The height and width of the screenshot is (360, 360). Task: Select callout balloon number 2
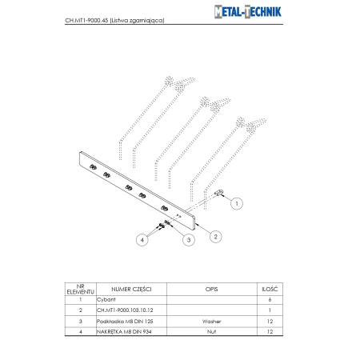[214, 235]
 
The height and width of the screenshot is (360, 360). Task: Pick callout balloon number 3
[189, 238]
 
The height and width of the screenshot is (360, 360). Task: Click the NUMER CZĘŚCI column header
[131, 288]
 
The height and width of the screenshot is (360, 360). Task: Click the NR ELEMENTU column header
[80, 288]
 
